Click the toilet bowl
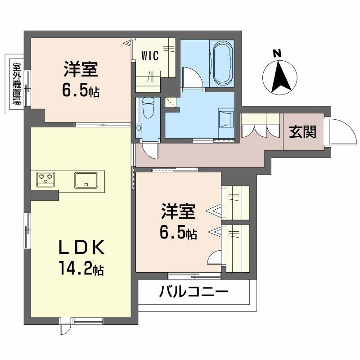[148, 108]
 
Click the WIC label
[150, 56]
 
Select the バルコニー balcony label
[194, 292]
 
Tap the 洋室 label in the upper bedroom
[81, 71]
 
